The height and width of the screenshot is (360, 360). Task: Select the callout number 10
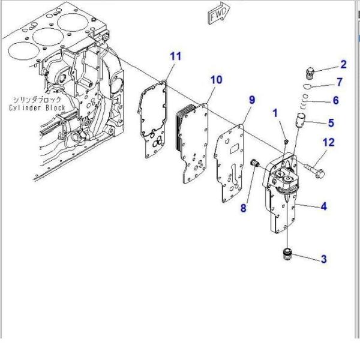point(216,79)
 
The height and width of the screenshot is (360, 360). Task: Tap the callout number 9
point(252,99)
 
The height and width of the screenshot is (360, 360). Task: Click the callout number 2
point(343,64)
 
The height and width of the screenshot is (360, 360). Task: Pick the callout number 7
point(339,82)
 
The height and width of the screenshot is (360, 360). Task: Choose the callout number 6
point(336,100)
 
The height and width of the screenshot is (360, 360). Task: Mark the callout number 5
point(330,123)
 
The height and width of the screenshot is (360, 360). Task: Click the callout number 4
point(323,207)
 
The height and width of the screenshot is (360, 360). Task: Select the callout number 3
point(323,259)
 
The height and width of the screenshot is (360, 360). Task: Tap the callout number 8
point(244,209)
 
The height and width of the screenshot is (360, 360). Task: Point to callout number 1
point(275,113)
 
